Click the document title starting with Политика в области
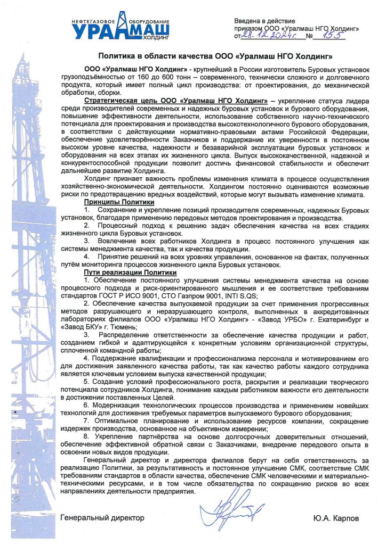(x=216, y=56)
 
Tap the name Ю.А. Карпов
(x=336, y=517)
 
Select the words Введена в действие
(x=261, y=20)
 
